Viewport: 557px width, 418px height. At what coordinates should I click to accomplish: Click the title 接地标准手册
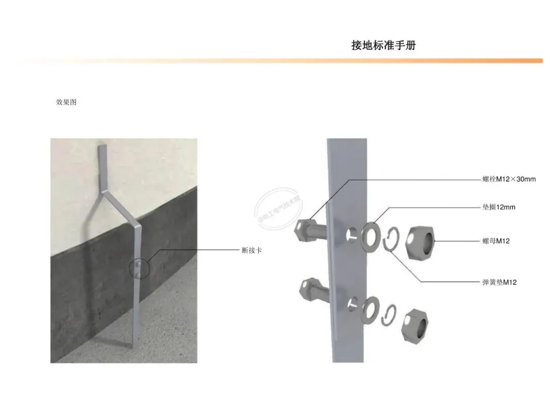coord(383,45)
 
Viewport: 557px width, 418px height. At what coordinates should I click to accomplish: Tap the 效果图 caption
coord(66,102)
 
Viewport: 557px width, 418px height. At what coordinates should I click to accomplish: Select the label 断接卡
coord(252,250)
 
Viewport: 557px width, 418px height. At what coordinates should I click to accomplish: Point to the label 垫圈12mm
coord(495,207)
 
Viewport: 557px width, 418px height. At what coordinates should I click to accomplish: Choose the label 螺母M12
coord(496,240)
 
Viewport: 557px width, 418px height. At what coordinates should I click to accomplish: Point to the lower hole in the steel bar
coord(351,304)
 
